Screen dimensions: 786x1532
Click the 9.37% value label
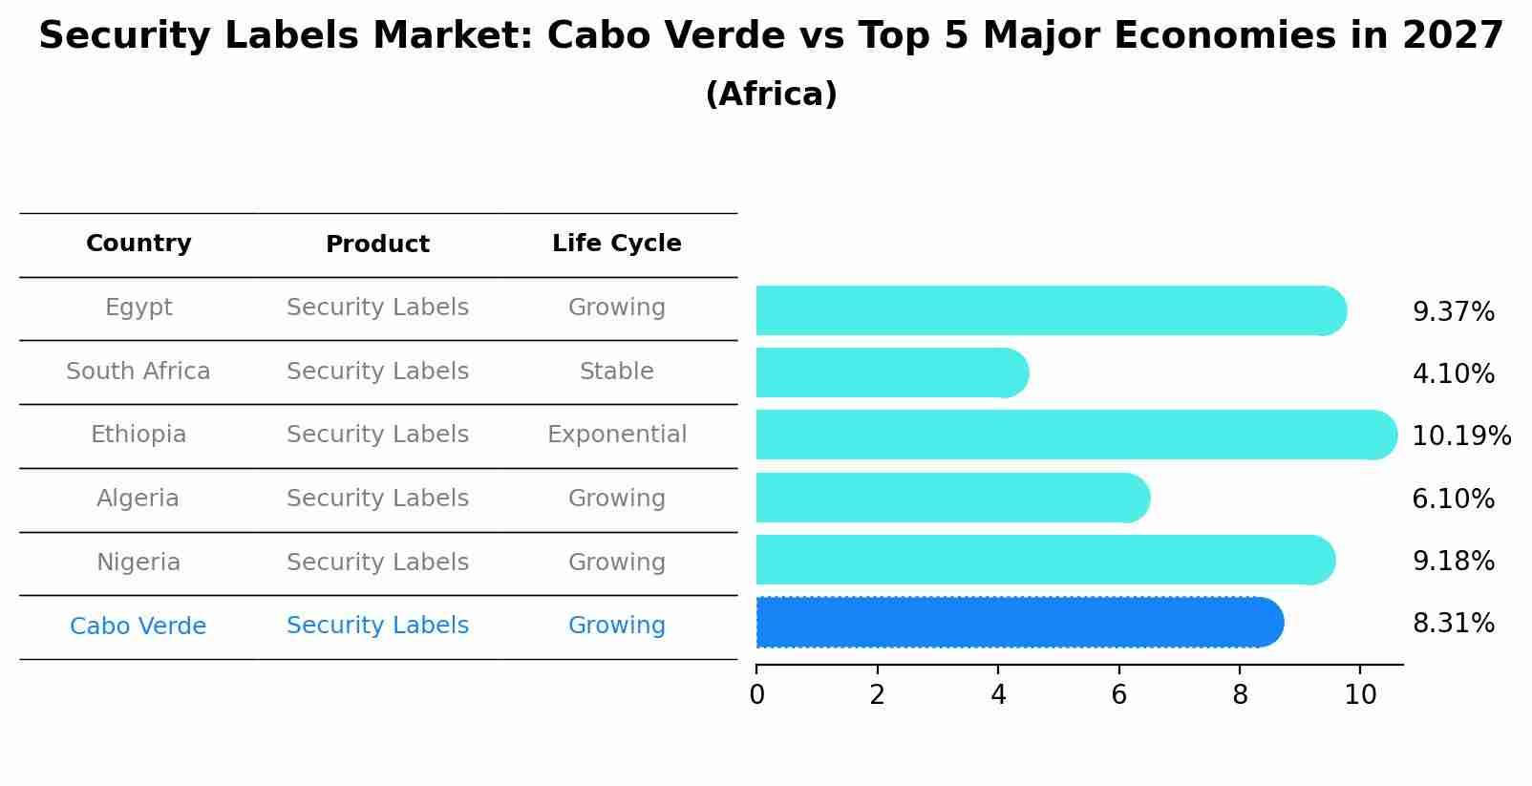1453,312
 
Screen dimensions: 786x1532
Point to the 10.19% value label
1460,436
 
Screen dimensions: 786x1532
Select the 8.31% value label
1453,624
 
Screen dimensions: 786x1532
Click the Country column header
138,244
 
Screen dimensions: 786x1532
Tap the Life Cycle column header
616,244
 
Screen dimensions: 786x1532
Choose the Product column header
377,244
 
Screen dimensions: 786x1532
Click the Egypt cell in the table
138,308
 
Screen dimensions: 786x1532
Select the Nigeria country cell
138,563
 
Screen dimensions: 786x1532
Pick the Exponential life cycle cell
616,435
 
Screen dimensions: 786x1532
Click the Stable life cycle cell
616,372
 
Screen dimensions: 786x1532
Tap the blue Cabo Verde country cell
138,627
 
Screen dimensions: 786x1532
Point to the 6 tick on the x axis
1118,694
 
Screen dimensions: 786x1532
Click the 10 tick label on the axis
1360,694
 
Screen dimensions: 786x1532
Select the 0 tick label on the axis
756,694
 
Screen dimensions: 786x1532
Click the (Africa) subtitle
771,95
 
